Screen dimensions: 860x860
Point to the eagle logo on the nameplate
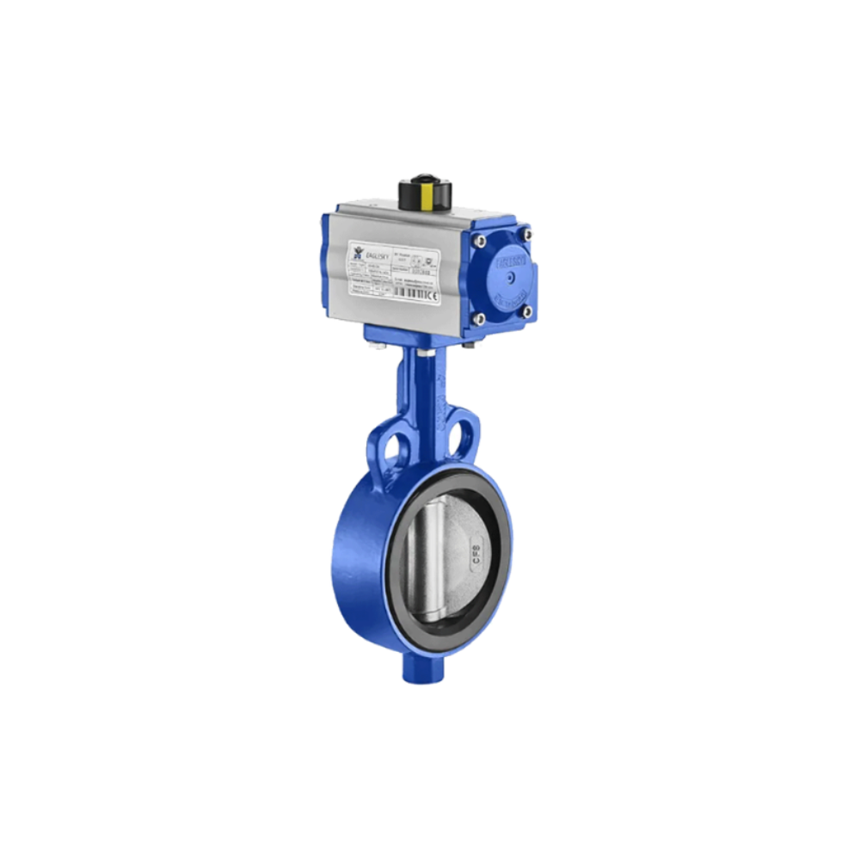pyautogui.click(x=358, y=252)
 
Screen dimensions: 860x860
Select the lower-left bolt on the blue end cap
pyautogui.click(x=479, y=319)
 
